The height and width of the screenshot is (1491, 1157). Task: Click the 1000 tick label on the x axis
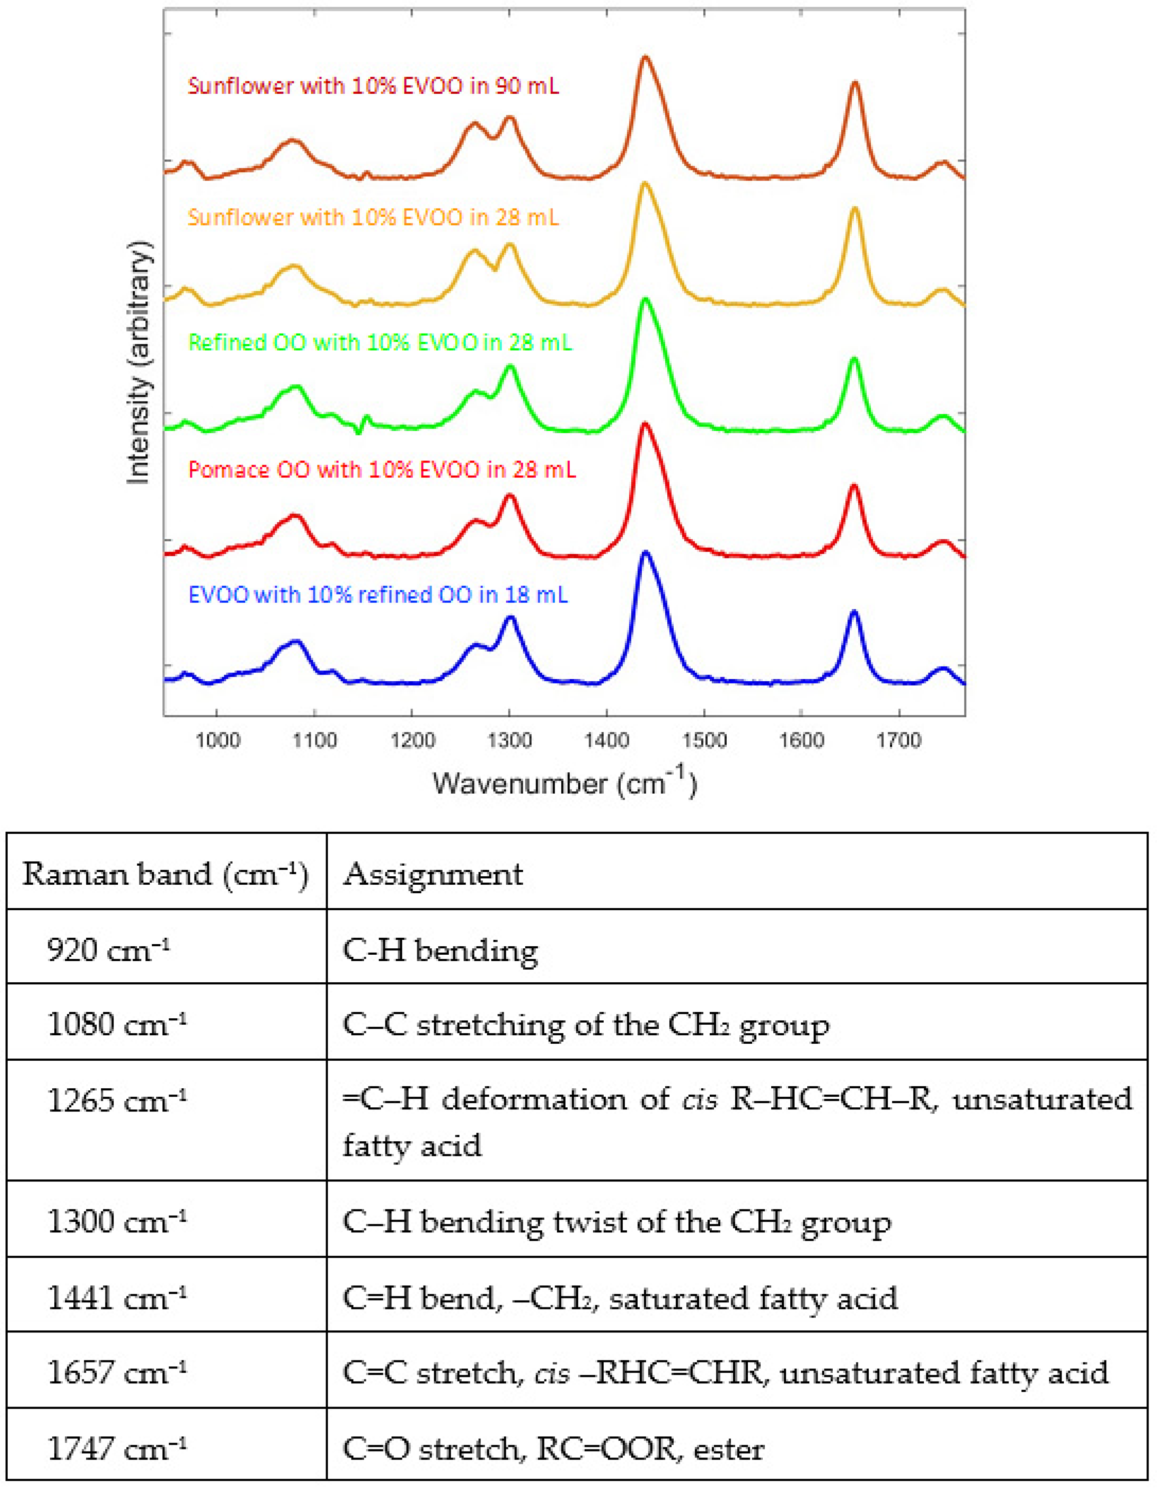point(217,741)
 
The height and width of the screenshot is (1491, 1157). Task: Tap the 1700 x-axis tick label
point(898,741)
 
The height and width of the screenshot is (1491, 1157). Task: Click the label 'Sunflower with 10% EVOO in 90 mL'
point(373,86)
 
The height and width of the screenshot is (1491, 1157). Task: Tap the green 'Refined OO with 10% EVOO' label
point(379,342)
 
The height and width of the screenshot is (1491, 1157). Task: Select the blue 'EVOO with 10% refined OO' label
point(377,595)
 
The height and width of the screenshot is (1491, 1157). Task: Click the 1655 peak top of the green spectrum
point(853,359)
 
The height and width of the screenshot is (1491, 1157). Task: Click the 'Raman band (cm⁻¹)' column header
point(165,875)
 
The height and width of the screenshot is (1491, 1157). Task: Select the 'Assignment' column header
point(433,875)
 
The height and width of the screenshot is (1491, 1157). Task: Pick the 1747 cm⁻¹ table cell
point(116,1449)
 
